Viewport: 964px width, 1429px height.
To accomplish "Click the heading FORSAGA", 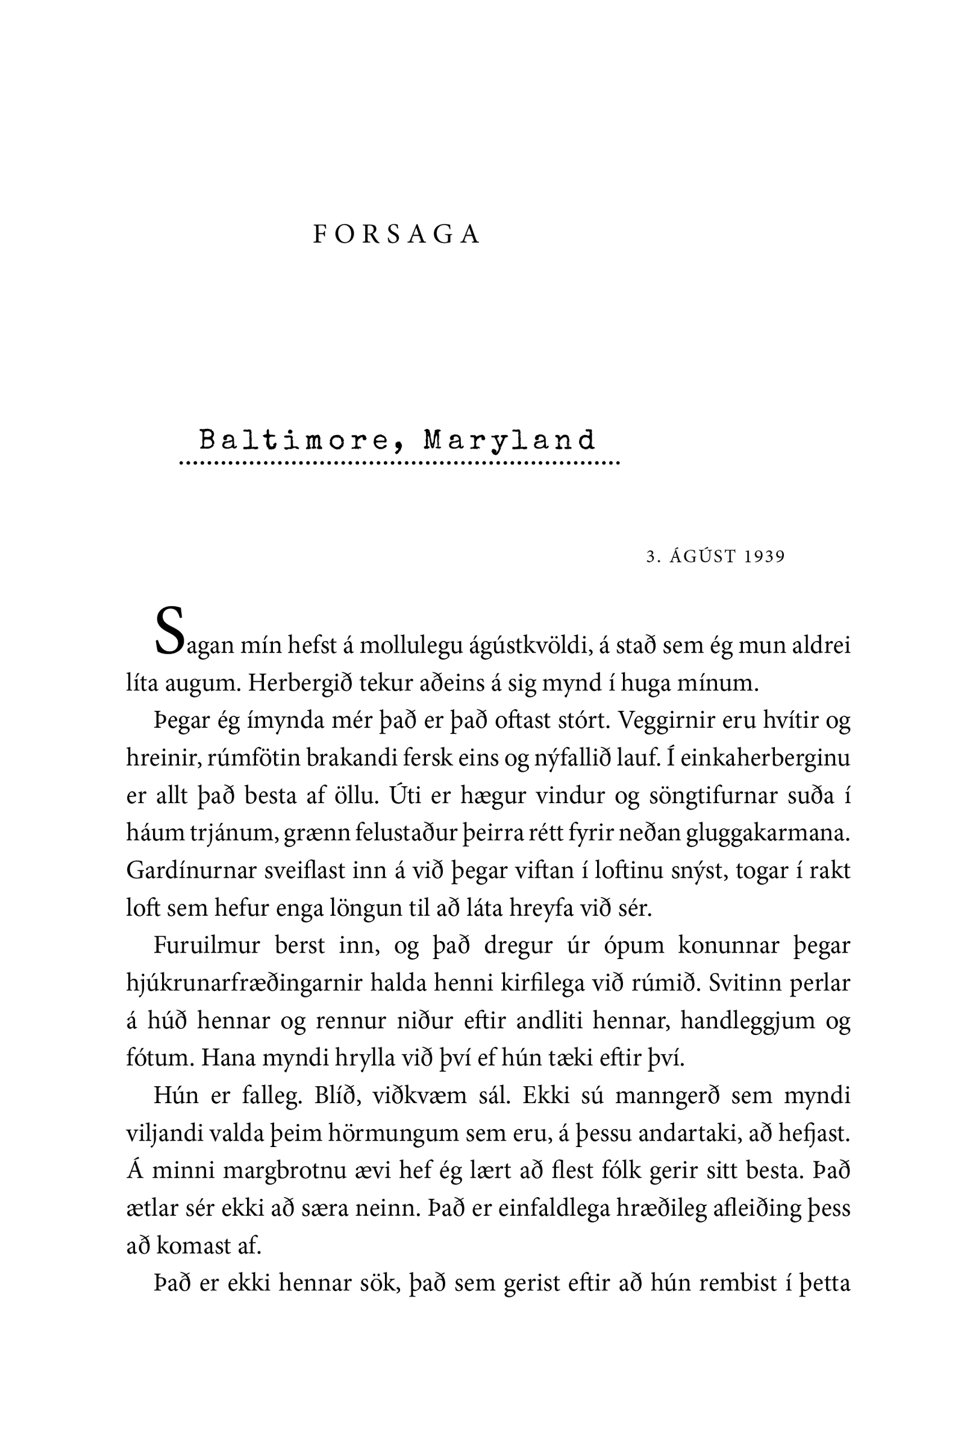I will coord(396,235).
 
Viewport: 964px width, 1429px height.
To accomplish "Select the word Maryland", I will coord(509,440).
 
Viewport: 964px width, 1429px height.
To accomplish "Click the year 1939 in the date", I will coord(764,557).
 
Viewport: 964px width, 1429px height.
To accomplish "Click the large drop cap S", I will coord(169,631).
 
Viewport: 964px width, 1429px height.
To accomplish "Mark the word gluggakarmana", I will coord(767,833).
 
